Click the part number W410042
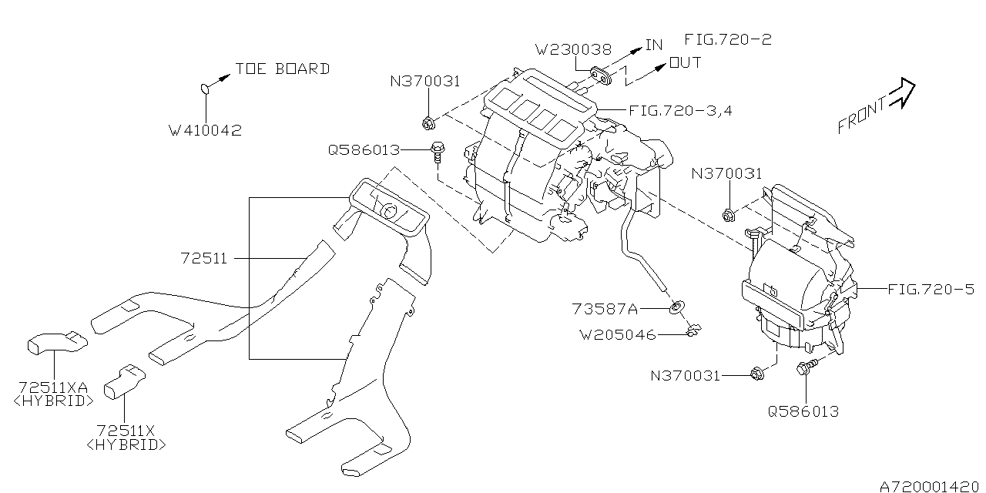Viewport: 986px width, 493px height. (205, 131)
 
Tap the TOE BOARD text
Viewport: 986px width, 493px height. (282, 69)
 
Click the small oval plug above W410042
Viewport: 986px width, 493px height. (205, 89)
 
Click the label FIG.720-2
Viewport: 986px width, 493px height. (728, 39)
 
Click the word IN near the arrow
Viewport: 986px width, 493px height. (653, 45)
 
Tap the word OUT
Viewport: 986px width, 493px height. (685, 62)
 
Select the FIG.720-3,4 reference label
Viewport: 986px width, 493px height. (680, 110)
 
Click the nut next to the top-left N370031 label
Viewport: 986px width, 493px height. (429, 122)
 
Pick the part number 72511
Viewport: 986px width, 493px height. (205, 259)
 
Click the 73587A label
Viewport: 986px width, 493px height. (605, 309)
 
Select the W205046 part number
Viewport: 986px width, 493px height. (619, 334)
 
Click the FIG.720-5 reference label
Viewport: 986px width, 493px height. (931, 290)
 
